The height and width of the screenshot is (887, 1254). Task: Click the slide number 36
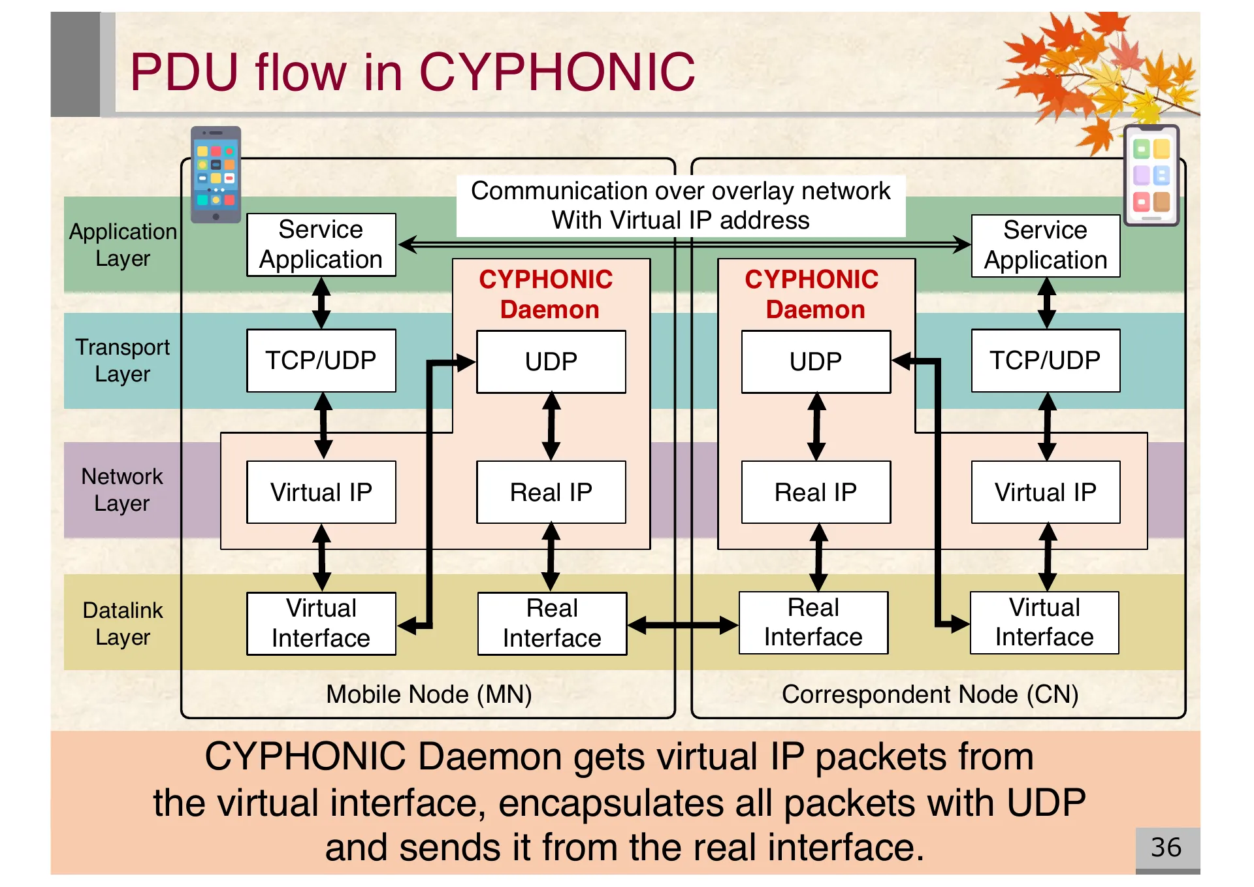click(1166, 847)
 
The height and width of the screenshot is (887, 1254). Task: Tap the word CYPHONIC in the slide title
click(557, 72)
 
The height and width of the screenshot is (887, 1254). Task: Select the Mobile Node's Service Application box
click(321, 245)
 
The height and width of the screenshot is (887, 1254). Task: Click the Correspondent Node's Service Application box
click(1045, 246)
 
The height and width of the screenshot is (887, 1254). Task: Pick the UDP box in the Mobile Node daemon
click(551, 361)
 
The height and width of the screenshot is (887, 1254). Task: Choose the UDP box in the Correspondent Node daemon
click(815, 361)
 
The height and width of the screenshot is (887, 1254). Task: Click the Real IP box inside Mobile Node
click(551, 492)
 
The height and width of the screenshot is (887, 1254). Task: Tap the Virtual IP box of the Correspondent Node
click(1045, 492)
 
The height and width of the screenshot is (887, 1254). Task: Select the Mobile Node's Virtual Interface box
click(321, 623)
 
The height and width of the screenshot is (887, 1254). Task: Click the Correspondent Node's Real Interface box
click(813, 622)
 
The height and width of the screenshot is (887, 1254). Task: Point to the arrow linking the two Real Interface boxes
click(683, 625)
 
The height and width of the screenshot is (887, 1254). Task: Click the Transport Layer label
click(122, 361)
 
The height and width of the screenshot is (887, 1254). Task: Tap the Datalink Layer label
click(122, 623)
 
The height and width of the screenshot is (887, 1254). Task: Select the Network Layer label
click(122, 490)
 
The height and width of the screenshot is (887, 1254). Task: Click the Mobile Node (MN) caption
click(429, 694)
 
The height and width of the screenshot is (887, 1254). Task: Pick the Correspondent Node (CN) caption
click(929, 694)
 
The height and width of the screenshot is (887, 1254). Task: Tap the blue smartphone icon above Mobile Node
click(216, 174)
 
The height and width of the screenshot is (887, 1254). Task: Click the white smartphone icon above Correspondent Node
click(1151, 175)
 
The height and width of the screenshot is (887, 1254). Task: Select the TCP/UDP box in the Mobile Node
click(321, 361)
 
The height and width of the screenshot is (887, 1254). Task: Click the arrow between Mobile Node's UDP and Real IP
click(551, 427)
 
